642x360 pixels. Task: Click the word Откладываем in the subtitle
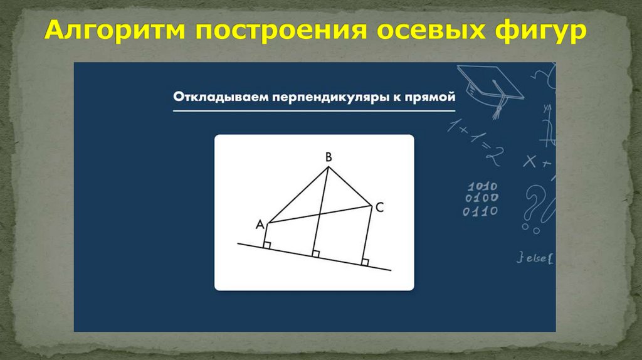(212, 98)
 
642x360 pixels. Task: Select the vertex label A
(260, 225)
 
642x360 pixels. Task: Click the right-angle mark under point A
(266, 246)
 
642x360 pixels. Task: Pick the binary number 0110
(480, 211)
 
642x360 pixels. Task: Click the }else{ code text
(535, 257)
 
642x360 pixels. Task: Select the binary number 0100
(480, 198)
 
